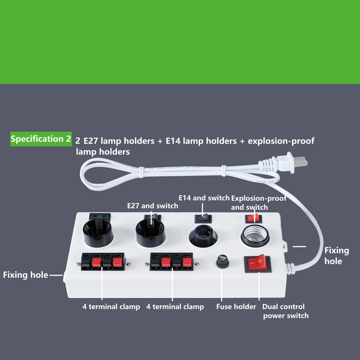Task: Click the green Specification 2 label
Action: (41, 139)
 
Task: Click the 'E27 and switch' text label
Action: (153, 206)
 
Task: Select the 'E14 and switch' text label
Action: (204, 198)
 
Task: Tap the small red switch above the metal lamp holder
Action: (254, 218)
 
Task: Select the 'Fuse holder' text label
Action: (236, 307)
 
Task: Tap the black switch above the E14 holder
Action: (203, 218)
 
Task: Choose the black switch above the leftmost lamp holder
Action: (99, 216)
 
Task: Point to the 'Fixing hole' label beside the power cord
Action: (337, 256)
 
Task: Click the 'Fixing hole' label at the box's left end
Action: (25, 275)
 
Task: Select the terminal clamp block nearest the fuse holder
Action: (171, 261)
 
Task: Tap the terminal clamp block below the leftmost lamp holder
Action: (103, 262)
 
